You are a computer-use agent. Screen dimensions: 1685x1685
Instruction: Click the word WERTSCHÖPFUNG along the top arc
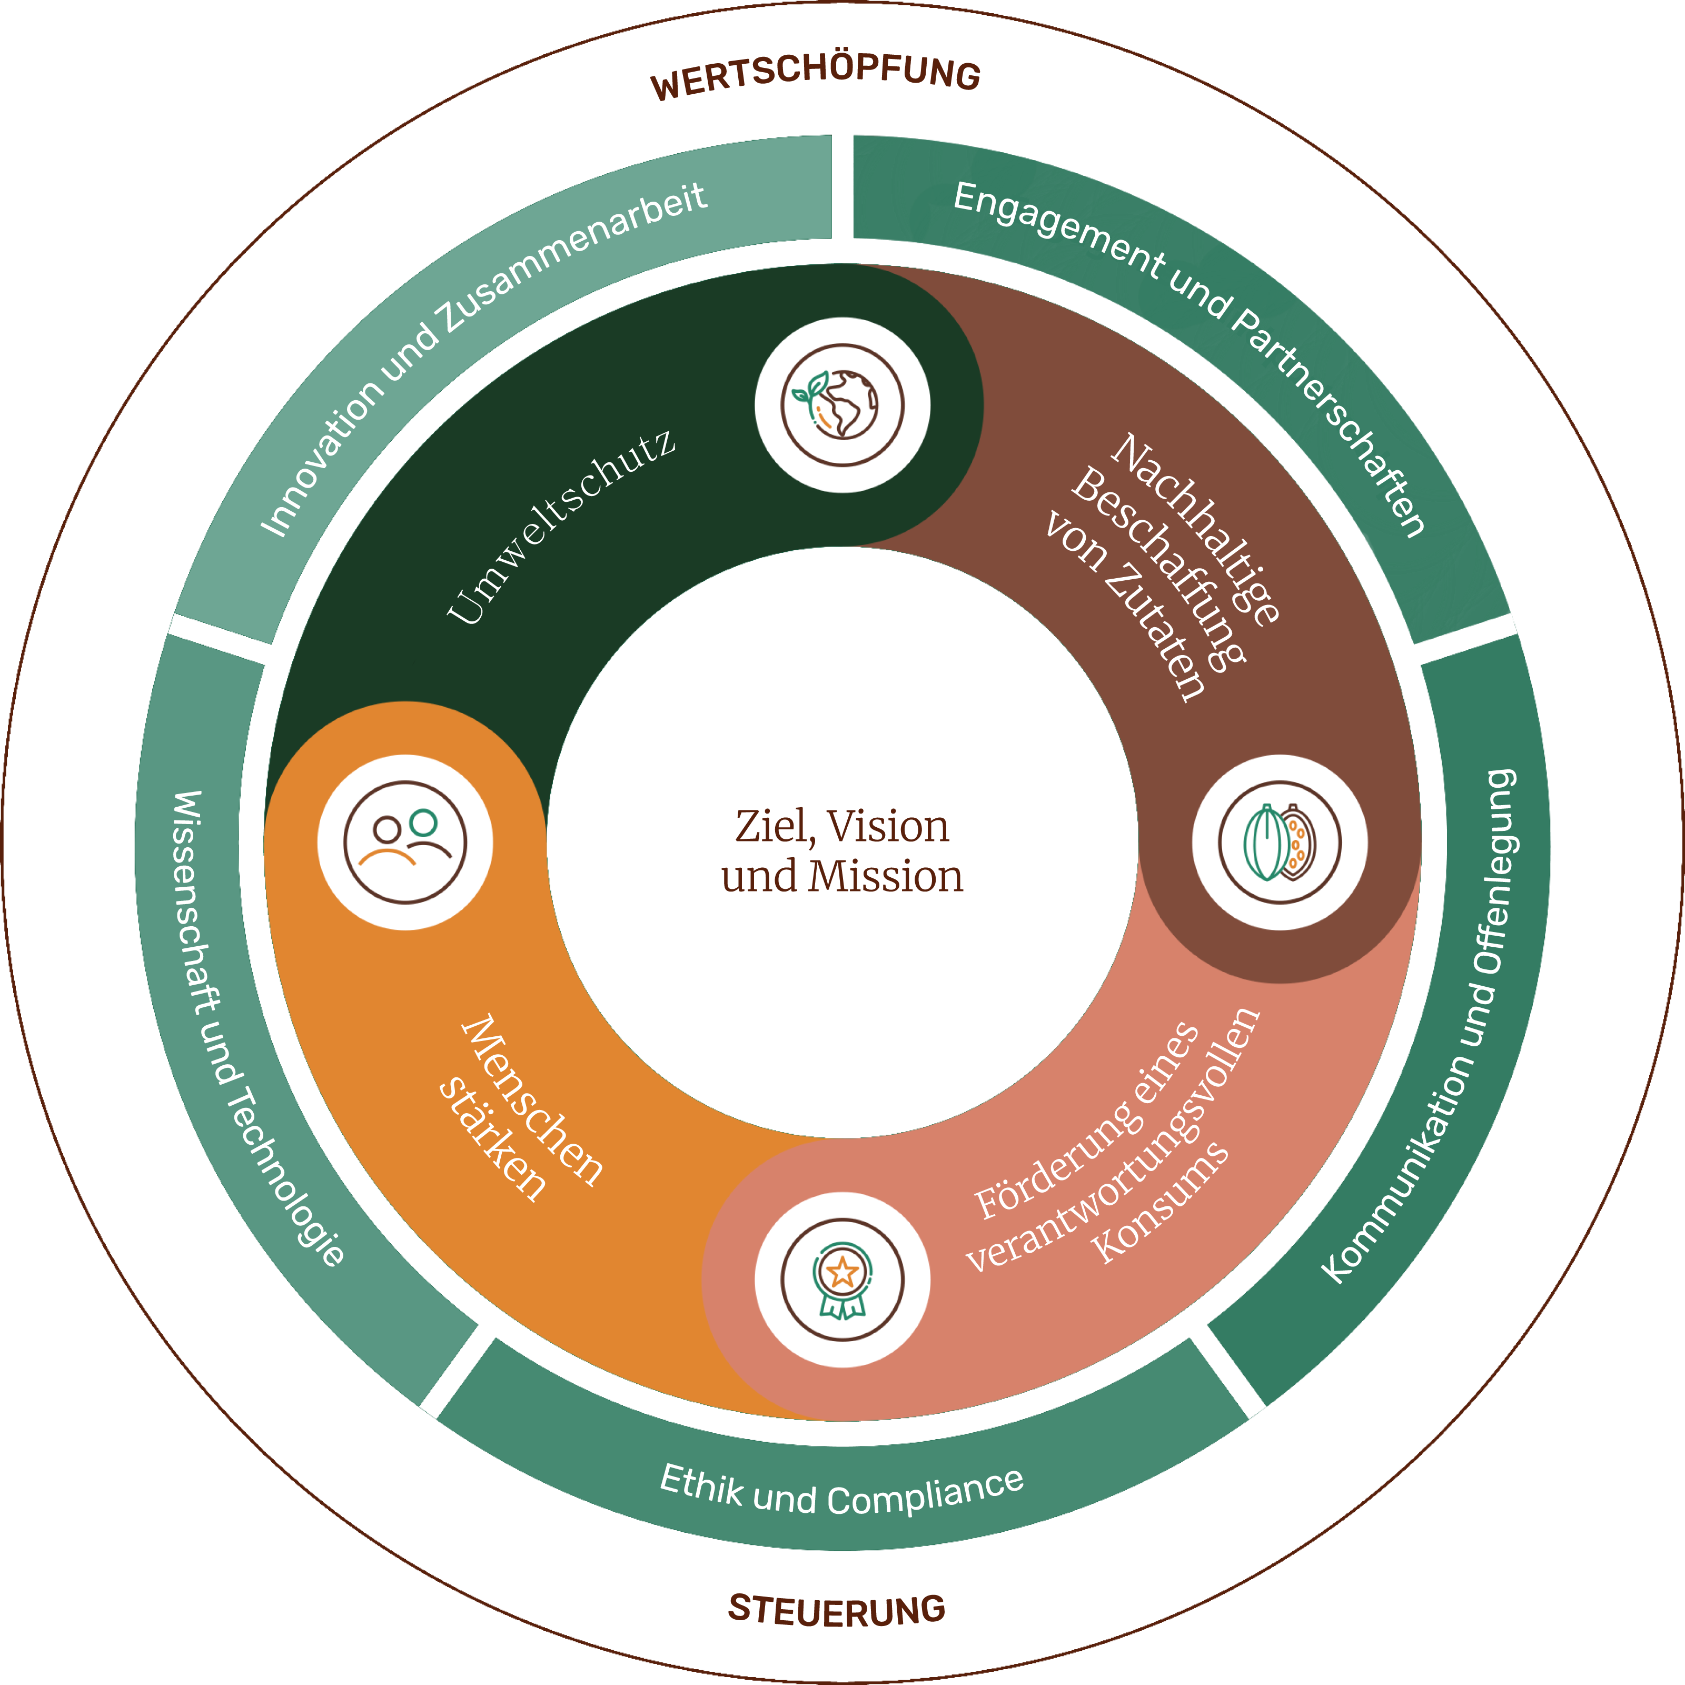point(816,77)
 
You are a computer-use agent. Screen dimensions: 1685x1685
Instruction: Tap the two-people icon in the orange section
point(405,843)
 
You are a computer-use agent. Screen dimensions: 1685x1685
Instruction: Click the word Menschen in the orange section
point(532,1101)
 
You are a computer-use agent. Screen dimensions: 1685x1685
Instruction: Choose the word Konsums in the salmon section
point(1160,1204)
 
